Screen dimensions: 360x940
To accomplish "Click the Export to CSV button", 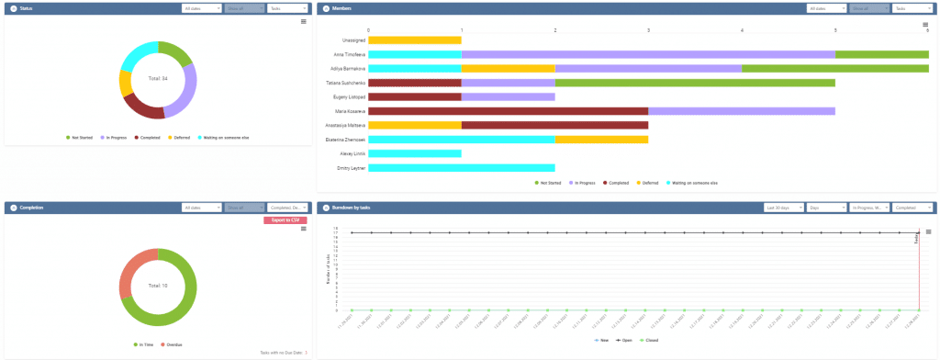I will tap(285, 220).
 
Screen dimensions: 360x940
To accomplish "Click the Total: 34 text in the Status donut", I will tap(158, 79).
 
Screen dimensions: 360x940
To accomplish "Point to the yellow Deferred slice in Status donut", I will tap(126, 83).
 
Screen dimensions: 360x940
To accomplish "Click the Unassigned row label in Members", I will tap(353, 40).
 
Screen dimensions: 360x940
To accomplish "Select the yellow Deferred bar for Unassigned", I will tap(414, 40).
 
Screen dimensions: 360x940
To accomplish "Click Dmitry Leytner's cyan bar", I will tap(461, 168).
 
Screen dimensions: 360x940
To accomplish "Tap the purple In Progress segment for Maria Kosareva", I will tap(741, 111).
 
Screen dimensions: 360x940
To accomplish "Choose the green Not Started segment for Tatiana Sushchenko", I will tap(694, 83).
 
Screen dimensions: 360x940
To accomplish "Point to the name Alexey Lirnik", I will tap(353, 153).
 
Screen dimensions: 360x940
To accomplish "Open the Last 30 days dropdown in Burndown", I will tap(781, 208).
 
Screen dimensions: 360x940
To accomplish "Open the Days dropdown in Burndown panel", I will tap(825, 208).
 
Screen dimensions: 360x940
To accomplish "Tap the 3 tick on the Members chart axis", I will tap(648, 29).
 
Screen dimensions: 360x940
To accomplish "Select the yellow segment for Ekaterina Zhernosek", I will tap(601, 140).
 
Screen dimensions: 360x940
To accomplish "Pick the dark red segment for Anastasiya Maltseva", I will tap(554, 125).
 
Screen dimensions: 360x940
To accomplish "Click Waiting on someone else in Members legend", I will tap(693, 183).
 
